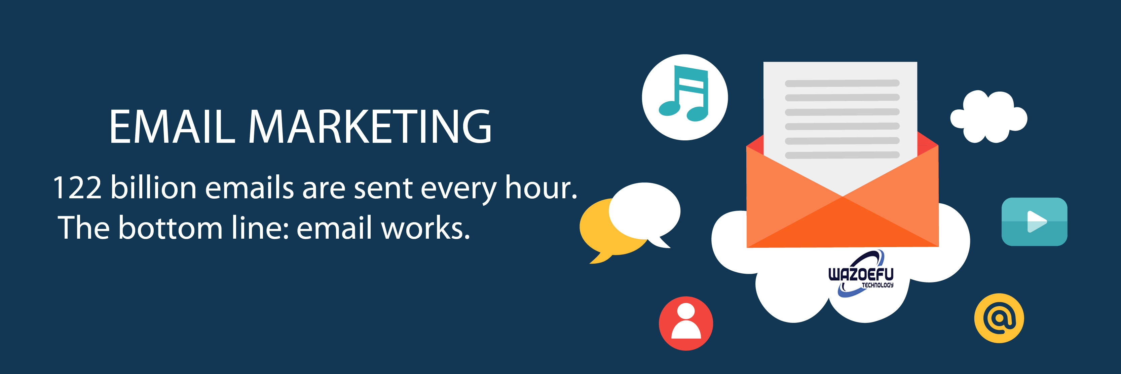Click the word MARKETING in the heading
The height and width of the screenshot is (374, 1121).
click(x=370, y=126)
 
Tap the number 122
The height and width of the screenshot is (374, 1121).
click(x=77, y=188)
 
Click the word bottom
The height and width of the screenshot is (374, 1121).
click(x=171, y=228)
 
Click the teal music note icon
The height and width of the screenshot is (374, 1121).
click(x=684, y=97)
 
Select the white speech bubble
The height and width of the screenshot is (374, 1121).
click(x=644, y=211)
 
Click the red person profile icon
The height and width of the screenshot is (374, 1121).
click(x=686, y=323)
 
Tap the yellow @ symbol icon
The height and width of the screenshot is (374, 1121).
click(x=999, y=318)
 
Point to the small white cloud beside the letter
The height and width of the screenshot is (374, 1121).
click(x=989, y=117)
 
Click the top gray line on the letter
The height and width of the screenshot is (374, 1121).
click(x=842, y=83)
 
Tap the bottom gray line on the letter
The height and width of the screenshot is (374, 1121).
click(x=842, y=155)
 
